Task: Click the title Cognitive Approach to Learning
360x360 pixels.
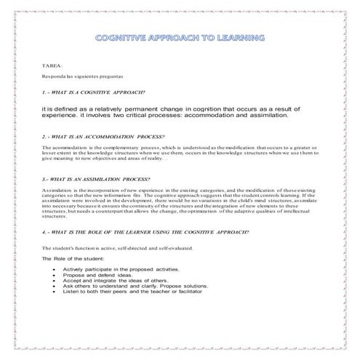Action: [x=180, y=38]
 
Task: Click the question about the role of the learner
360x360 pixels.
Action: [x=145, y=231]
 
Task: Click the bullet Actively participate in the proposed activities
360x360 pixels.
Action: [x=120, y=269]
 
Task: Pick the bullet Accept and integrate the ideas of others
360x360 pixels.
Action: [x=116, y=281]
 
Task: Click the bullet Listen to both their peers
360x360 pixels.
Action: [x=130, y=292]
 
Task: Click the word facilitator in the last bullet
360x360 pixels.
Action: [x=185, y=292]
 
